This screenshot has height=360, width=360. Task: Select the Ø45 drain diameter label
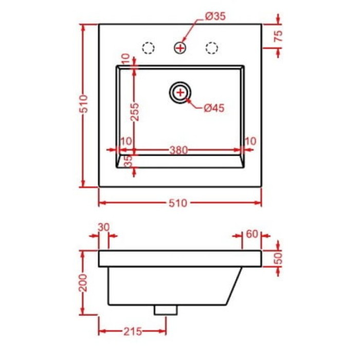coord(214,107)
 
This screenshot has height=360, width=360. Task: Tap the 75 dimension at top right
coord(278,36)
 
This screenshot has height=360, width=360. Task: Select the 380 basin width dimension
coord(178,150)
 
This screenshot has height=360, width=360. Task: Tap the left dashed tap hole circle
coord(149,48)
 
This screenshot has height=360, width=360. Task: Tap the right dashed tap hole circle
coord(211,48)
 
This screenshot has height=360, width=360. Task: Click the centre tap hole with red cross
coord(181,48)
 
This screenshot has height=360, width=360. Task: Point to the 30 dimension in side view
coord(104,227)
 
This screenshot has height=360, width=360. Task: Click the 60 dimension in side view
coord(251,234)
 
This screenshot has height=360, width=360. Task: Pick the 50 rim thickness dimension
coord(278,257)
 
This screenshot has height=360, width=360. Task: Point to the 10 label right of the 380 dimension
coord(251,141)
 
